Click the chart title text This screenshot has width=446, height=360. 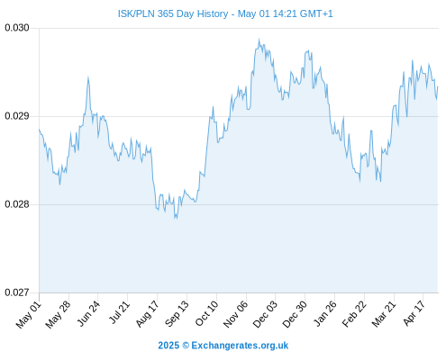(225, 13)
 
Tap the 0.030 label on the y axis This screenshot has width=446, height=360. (17, 28)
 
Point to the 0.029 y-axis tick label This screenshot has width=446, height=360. (17, 116)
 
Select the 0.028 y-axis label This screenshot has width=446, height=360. (17, 204)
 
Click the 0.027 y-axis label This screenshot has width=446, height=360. (17, 292)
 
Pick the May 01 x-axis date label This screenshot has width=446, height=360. (29, 314)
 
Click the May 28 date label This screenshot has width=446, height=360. (58, 314)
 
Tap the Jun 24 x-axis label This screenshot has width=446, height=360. (88, 314)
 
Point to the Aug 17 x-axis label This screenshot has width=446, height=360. (147, 314)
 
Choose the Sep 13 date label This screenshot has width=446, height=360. (177, 314)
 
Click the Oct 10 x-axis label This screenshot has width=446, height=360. (206, 314)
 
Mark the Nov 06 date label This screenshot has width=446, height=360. (236, 314)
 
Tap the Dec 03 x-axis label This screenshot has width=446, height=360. (265, 314)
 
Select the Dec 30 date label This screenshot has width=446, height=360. (295, 314)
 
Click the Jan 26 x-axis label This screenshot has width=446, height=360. (325, 314)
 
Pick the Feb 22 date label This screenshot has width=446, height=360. (354, 314)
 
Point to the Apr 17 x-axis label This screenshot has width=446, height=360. (414, 313)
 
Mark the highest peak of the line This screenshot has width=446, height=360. (259, 39)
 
